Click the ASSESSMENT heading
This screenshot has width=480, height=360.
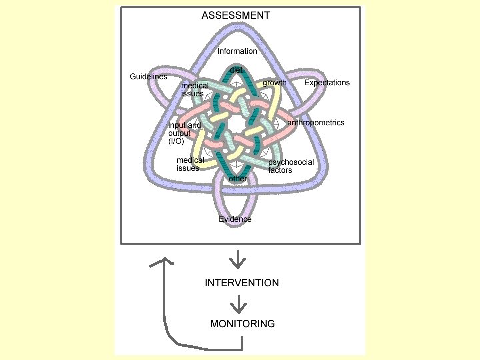coord(235,15)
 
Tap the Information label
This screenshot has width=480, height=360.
coord(237,51)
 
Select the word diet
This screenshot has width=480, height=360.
coord(236,69)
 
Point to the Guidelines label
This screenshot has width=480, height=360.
coord(148,77)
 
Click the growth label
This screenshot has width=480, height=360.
coord(274,83)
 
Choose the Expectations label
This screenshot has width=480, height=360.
coord(327,83)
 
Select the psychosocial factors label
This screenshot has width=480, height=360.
coord(291,166)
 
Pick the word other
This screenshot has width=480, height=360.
coord(238,179)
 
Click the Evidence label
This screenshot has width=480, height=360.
coord(235,219)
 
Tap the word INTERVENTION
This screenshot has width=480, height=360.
coord(242,283)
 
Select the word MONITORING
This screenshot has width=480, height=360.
coord(242,324)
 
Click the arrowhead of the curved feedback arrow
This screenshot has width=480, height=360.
coord(157,262)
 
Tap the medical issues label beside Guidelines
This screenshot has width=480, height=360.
coord(195,89)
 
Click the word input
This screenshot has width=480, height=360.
coord(176,125)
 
